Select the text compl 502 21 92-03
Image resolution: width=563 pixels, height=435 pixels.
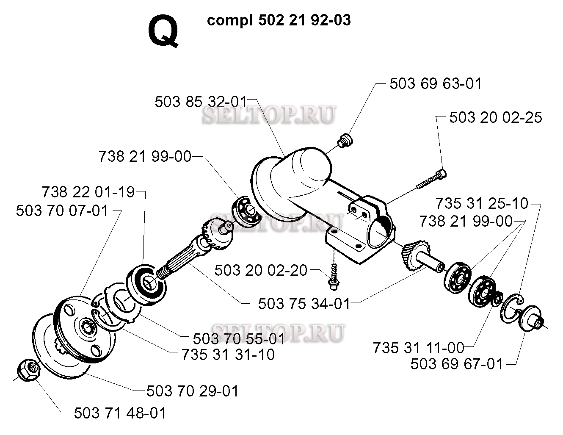click(x=279, y=20)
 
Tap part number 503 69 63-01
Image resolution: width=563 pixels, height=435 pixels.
click(x=436, y=83)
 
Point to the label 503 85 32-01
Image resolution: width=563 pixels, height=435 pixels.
click(x=201, y=102)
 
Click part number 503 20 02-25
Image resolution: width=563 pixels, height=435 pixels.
click(x=496, y=117)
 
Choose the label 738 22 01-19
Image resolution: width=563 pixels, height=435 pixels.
click(x=88, y=192)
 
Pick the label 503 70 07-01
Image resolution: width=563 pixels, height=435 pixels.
click(x=62, y=211)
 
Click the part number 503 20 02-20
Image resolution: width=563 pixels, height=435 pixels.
click(x=261, y=270)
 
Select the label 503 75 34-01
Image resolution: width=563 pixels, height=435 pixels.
click(x=304, y=304)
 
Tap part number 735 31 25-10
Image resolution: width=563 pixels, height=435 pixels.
click(x=482, y=203)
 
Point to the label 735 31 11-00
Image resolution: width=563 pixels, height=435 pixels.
click(x=419, y=348)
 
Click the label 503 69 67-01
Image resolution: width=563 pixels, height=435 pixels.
click(x=457, y=364)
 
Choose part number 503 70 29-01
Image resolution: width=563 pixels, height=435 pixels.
click(x=193, y=391)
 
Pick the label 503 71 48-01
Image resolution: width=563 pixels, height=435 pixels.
click(x=120, y=413)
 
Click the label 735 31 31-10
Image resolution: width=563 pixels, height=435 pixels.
click(x=228, y=355)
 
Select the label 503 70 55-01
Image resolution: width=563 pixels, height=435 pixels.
click(x=239, y=339)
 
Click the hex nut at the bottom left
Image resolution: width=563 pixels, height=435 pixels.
click(x=28, y=370)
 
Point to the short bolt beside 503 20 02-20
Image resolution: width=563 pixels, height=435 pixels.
click(x=334, y=277)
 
